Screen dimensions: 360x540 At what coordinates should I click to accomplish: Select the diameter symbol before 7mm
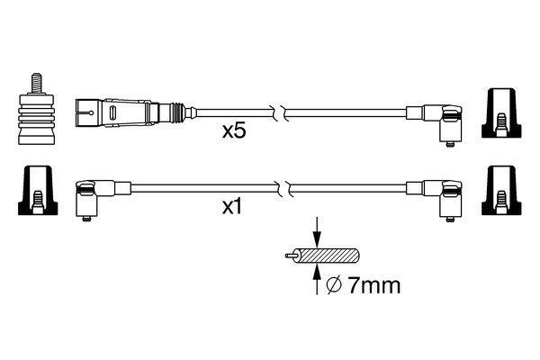333,287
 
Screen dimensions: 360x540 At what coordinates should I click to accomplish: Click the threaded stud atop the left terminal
36,80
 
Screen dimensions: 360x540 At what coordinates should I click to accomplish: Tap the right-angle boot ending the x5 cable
445,121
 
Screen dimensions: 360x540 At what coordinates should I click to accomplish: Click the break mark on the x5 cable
283,113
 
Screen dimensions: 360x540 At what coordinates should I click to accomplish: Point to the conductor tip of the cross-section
286,256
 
